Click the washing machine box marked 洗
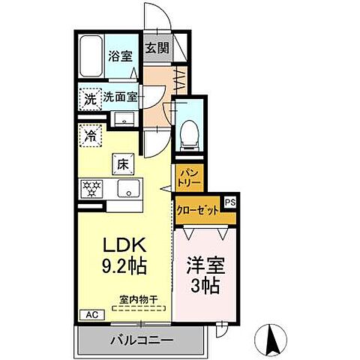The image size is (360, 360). [89, 97]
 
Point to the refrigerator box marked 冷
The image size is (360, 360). [89, 137]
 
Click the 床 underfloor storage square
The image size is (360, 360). [122, 161]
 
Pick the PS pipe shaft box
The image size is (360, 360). [230, 202]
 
